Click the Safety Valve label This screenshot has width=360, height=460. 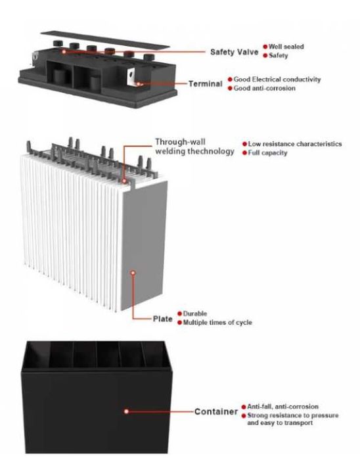tap(235, 52)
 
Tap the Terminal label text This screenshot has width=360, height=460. tap(206, 84)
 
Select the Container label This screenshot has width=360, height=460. tap(216, 411)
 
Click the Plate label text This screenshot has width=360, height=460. tap(162, 319)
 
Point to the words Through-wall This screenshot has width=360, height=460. tap(180, 142)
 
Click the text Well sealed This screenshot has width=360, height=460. tap(286, 47)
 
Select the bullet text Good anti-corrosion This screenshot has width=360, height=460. tap(265, 88)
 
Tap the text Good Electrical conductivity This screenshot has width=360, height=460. tap(277, 80)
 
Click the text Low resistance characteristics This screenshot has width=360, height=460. tap(294, 144)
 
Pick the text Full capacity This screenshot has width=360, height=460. tap(267, 153)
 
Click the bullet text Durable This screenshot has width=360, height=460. tap(195, 313)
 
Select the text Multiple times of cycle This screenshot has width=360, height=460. tap(217, 323)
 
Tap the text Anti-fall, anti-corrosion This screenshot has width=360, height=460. tap(282, 407)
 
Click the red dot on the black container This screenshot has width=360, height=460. tap(126, 411)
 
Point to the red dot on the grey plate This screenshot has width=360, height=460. tap(133, 273)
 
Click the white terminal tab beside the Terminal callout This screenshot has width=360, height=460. tap(131, 76)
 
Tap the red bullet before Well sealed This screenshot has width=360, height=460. tap(265, 47)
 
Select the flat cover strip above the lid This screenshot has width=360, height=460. tap(103, 39)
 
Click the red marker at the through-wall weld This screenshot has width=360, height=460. tap(125, 181)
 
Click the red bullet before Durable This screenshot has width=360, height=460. tap(180, 313)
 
